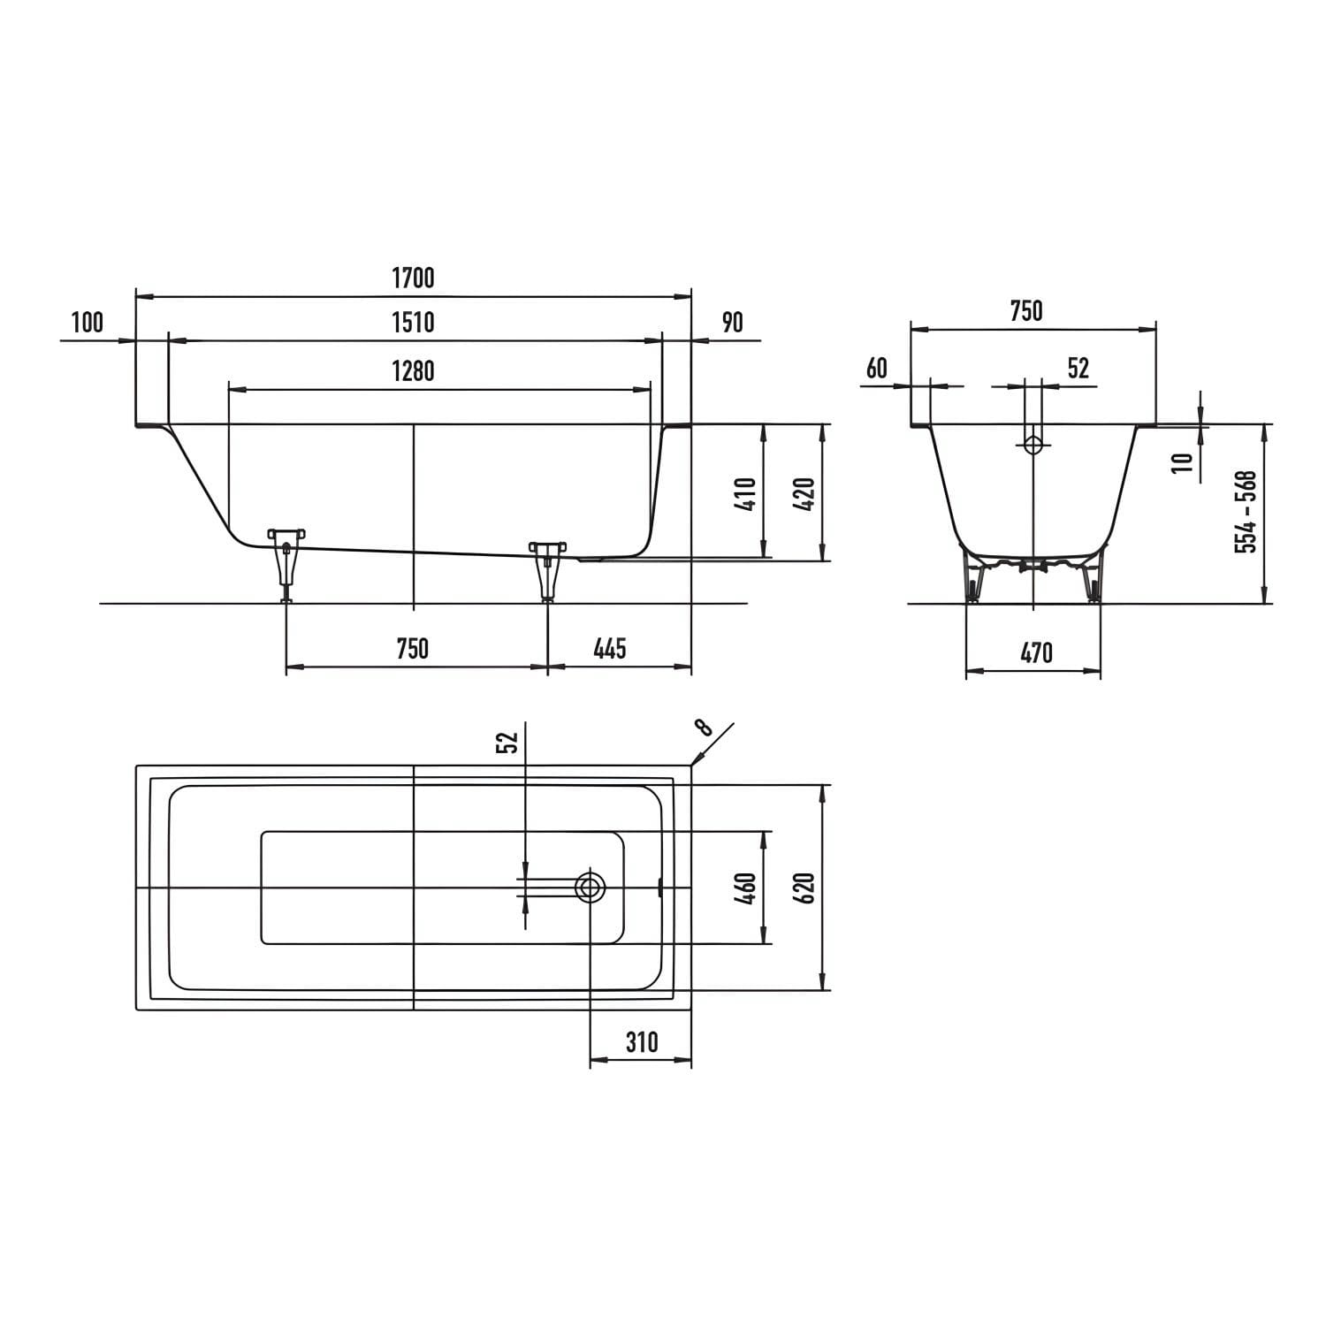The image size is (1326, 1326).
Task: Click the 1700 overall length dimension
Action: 413,278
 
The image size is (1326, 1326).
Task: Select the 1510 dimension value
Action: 413,322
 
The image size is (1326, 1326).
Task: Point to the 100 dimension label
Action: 87,322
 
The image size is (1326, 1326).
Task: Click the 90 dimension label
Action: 733,322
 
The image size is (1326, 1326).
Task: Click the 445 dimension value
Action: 610,649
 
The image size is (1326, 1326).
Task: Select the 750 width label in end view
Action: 1026,311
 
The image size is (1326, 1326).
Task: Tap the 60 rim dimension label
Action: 876,368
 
